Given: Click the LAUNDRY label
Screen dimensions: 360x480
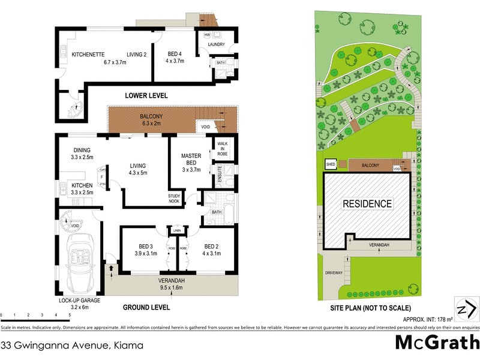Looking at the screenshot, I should click(216, 45).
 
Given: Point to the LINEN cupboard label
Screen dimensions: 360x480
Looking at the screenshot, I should click(176, 230).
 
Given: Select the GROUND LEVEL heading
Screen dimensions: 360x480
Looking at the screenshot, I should click(146, 307).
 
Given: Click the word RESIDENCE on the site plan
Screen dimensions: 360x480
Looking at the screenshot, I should click(367, 204).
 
